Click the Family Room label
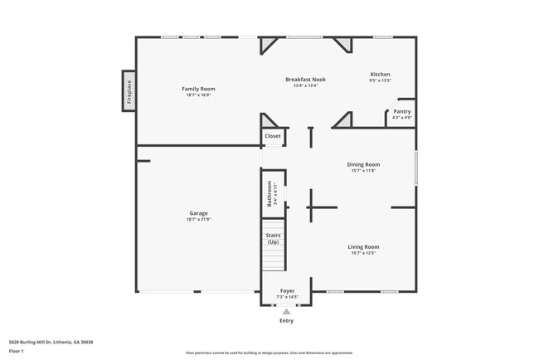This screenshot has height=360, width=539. [x=198, y=89]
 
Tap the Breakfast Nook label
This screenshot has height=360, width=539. [x=305, y=80]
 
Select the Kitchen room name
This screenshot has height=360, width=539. [x=380, y=75]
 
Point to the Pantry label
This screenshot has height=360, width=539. [x=401, y=111]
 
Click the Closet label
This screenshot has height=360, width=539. [x=272, y=136]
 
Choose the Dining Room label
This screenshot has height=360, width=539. [x=363, y=164]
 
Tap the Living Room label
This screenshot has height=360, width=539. [x=363, y=246]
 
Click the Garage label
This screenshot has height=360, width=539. [x=198, y=213]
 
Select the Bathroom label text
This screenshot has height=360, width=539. [x=269, y=194]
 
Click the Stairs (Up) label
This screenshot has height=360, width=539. [x=273, y=238]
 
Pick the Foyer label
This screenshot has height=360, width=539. [x=286, y=291]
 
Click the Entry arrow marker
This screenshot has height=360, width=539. [x=287, y=311]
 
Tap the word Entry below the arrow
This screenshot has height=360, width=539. [x=286, y=320]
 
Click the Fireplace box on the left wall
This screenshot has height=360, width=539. [x=129, y=90]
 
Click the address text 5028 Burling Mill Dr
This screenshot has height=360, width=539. [x=51, y=341]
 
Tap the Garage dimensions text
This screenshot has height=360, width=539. [x=198, y=219]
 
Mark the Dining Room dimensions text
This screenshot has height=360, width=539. [x=363, y=170]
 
